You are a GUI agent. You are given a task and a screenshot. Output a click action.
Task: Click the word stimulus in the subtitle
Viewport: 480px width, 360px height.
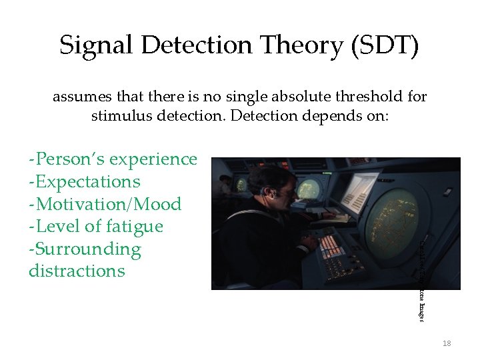[x=121, y=116]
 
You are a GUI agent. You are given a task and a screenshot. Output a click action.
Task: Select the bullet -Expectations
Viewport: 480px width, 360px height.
[x=85, y=181]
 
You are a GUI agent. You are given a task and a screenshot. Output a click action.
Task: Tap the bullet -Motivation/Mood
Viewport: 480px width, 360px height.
[x=105, y=204]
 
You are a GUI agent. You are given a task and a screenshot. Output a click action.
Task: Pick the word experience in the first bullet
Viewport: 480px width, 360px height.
[x=153, y=159]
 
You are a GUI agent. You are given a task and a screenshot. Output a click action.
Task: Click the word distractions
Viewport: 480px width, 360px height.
[x=77, y=271]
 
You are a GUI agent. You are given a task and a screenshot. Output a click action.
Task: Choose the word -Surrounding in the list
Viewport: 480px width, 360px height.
[x=85, y=249]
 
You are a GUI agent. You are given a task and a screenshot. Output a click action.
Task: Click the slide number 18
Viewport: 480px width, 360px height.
[x=447, y=343]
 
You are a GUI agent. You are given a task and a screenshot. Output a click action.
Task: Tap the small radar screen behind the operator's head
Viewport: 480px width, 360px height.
[x=241, y=184]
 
